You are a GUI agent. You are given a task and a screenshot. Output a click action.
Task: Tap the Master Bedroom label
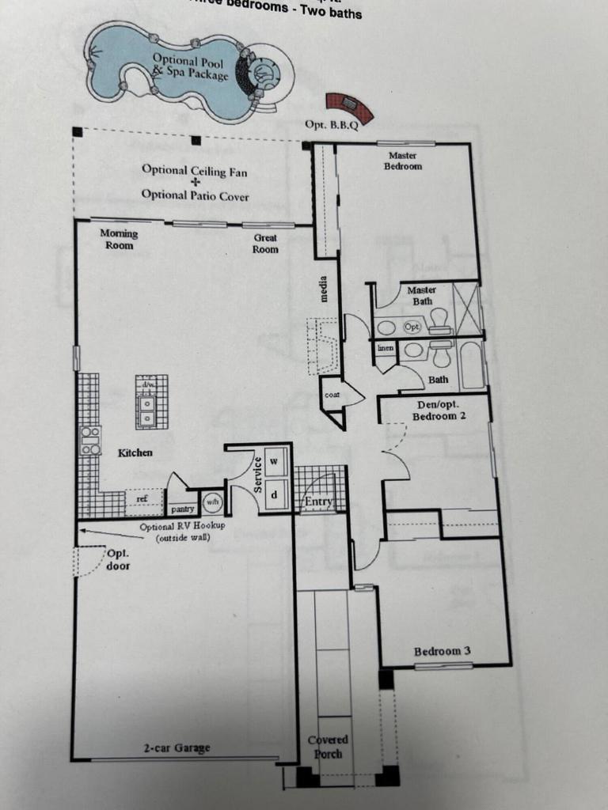coord(403,161)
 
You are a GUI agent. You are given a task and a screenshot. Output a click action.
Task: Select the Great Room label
coord(265,244)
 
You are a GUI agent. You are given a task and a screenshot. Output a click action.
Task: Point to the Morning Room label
coord(119,239)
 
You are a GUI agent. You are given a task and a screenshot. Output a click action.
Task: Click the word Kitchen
coord(135,452)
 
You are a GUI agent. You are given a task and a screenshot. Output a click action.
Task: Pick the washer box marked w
coord(275,460)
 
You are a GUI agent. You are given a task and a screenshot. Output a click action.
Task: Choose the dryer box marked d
coord(275,494)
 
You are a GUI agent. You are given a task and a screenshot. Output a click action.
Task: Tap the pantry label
coord(182,509)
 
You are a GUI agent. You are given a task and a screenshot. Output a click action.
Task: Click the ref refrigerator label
coord(142,499)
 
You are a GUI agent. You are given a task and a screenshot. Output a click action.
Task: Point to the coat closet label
coord(332,394)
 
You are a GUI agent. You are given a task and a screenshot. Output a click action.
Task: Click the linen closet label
coord(386,348)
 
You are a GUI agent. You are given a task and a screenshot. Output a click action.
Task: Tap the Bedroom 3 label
coord(443,651)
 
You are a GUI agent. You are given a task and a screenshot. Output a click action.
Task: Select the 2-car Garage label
coord(177,748)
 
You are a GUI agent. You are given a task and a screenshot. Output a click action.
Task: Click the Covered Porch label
coord(328,747)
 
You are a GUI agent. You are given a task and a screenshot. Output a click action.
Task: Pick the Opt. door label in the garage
coord(118,559)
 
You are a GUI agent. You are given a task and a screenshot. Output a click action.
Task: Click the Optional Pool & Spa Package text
coord(190,66)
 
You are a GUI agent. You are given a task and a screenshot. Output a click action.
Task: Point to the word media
coord(324,289)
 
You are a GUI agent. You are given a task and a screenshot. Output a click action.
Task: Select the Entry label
coord(318,502)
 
